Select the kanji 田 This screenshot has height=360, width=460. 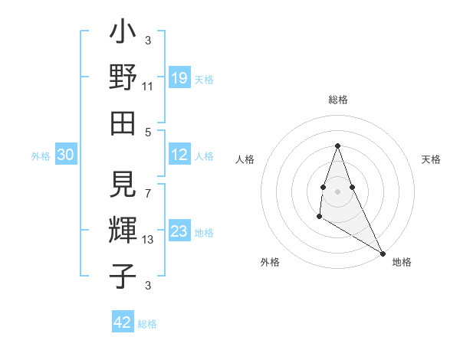coord(122,122)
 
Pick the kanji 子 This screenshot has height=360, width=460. coord(122,274)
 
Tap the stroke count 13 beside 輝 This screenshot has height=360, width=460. coord(148,240)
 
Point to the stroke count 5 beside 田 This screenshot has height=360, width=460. coord(148,131)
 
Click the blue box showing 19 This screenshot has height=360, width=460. coord(179,77)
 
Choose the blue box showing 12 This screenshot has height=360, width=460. coord(179,155)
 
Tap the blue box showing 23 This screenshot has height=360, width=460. coord(179,232)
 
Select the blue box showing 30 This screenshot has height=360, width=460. coord(65,155)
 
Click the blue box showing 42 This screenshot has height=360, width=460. coord(123,322)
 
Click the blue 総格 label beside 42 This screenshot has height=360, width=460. coord(147,324)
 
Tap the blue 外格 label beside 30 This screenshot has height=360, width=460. coord(41,156)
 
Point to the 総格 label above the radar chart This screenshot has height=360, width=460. coord(337,100)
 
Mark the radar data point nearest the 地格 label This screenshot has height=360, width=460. coord(383,254)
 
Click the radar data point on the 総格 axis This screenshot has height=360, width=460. coord(337,146)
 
